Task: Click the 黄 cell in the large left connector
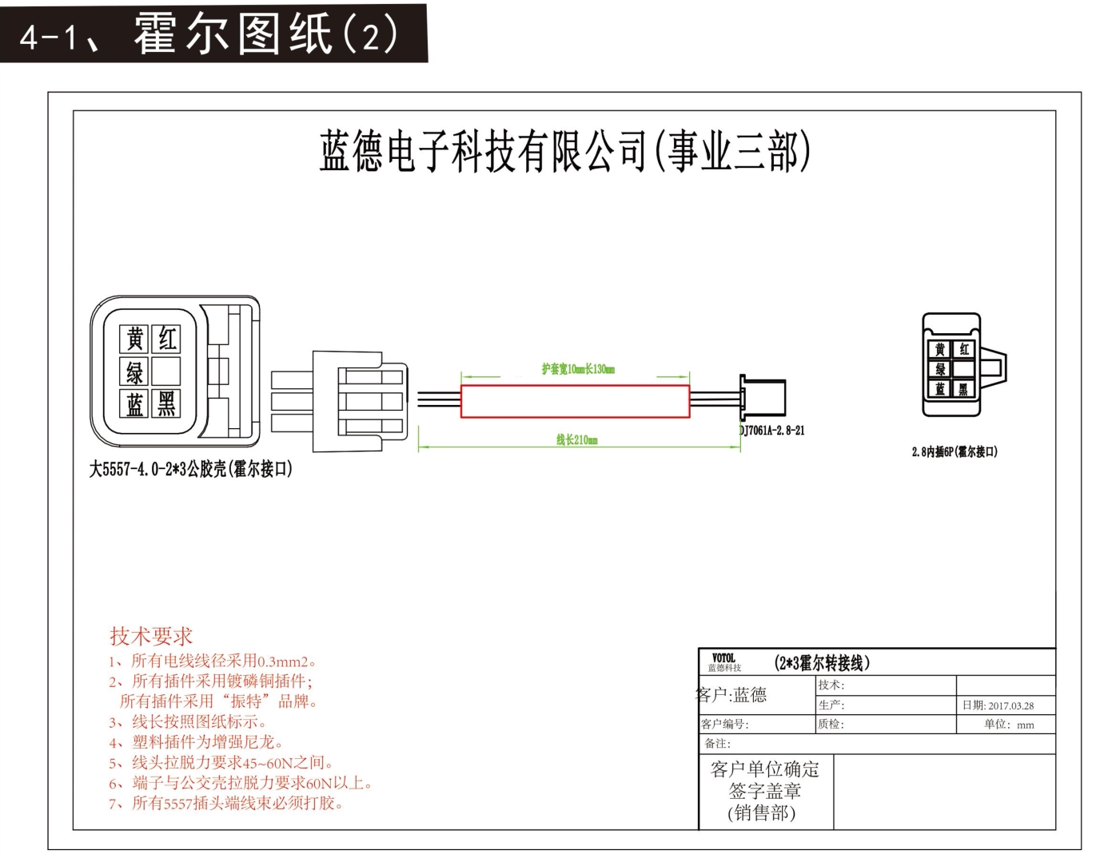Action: click(x=135, y=339)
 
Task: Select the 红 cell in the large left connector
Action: click(x=166, y=339)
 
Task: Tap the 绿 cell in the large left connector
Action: click(x=135, y=371)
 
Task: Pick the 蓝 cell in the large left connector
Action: click(x=135, y=403)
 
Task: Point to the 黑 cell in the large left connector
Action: click(x=166, y=403)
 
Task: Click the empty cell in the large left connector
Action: click(x=166, y=371)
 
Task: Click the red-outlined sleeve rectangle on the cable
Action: click(x=575, y=401)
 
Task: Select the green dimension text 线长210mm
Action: click(x=577, y=439)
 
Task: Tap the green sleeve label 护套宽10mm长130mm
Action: click(x=578, y=369)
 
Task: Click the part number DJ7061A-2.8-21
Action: click(x=772, y=431)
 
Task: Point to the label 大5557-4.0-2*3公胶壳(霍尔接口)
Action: click(x=191, y=469)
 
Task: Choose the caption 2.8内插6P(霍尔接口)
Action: click(x=955, y=452)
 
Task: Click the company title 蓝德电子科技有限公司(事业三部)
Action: click(x=564, y=151)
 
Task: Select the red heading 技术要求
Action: click(x=151, y=637)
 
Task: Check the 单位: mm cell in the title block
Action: click(x=1009, y=725)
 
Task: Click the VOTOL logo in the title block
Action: click(x=723, y=659)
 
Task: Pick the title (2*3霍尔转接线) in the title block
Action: click(x=823, y=663)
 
